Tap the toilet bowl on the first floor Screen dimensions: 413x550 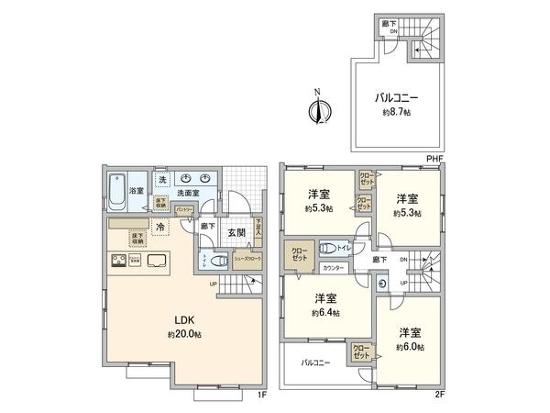(x=217, y=261)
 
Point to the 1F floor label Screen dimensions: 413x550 (x=262, y=397)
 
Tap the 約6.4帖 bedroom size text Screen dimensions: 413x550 (x=326, y=313)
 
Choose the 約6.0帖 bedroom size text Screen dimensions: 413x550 (x=409, y=347)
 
